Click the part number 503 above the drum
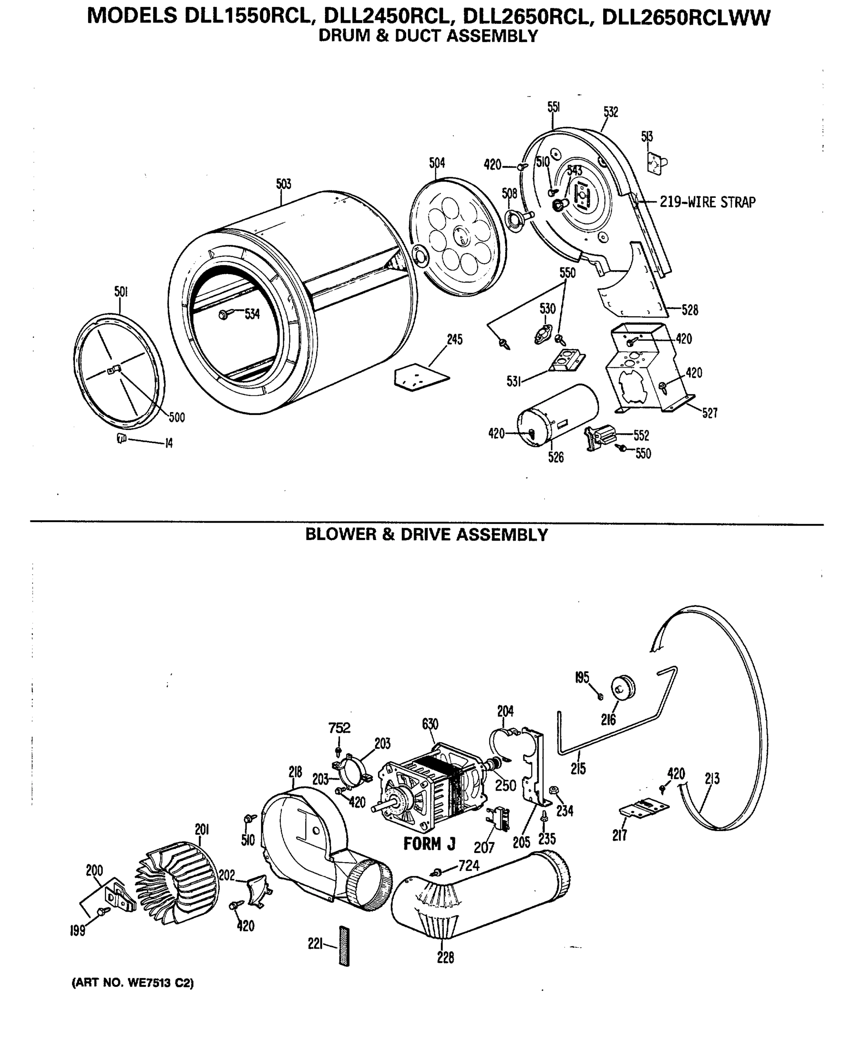click(283, 184)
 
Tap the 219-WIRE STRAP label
click(707, 202)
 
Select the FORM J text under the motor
click(429, 843)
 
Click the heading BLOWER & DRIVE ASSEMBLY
click(426, 535)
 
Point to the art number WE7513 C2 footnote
click(133, 983)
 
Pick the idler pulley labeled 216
click(623, 687)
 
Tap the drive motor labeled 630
click(433, 792)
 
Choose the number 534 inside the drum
click(252, 314)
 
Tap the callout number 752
click(339, 728)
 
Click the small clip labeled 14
click(121, 438)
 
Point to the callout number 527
click(709, 413)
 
